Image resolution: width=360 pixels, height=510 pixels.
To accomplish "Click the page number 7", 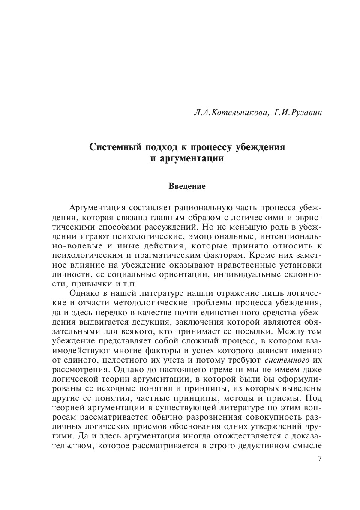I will [x=320, y=459].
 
